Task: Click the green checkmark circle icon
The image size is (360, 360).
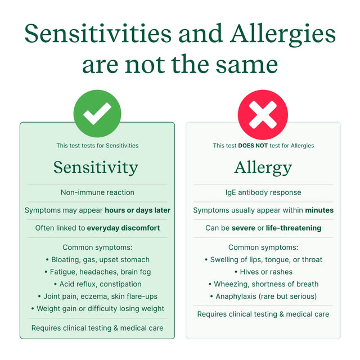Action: pos(97,114)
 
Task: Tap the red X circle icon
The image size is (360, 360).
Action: pos(263,114)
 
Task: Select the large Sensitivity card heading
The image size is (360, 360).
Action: pos(96,167)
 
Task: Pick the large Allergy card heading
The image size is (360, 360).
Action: pos(263,167)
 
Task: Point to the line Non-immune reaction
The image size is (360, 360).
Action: pos(97,192)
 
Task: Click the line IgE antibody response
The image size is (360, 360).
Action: pos(263,192)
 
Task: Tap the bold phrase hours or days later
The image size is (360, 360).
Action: pos(137,210)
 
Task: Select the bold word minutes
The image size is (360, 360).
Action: pos(319,210)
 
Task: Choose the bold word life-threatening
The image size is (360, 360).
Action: pos(294,228)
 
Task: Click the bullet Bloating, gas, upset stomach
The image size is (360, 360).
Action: pos(97,260)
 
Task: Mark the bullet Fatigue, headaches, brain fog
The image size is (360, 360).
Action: pos(97,272)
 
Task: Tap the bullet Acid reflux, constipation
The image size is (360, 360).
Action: pos(97,284)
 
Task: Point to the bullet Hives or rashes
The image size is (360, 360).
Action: pos(263,272)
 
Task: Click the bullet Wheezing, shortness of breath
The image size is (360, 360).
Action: pos(263,284)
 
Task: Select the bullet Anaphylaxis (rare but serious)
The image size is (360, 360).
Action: pos(263,296)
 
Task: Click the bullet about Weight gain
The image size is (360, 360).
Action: pos(97,308)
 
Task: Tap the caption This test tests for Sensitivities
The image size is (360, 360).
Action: pos(97,146)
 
